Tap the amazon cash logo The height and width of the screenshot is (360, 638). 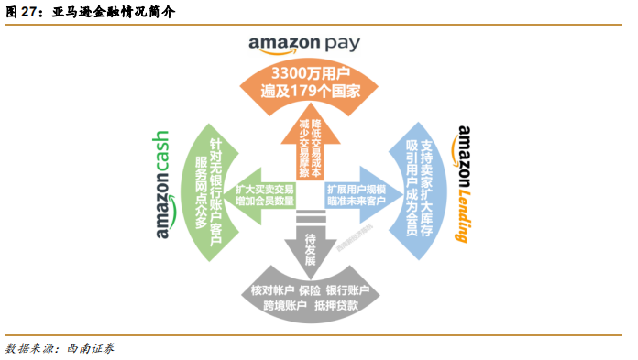[162, 183]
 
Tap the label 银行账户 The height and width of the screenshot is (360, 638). [349, 289]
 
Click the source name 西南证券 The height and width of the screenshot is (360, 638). [91, 347]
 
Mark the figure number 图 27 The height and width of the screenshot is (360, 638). [22, 12]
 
